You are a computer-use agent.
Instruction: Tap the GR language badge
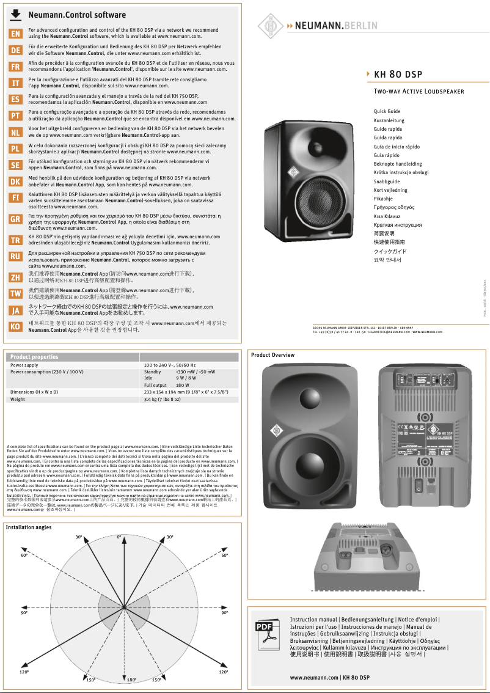16,219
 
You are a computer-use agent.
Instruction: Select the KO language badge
16,326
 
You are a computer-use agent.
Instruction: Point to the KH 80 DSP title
398,75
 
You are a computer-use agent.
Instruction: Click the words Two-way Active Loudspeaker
419,92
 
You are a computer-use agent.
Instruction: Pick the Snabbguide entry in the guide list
387,182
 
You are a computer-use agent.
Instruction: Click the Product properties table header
35,357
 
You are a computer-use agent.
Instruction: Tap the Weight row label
18,399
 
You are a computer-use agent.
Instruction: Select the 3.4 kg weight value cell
162,399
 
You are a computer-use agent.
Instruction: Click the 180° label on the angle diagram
131,680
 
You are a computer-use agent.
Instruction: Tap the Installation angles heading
29,527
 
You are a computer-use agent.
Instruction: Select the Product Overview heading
272,355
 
